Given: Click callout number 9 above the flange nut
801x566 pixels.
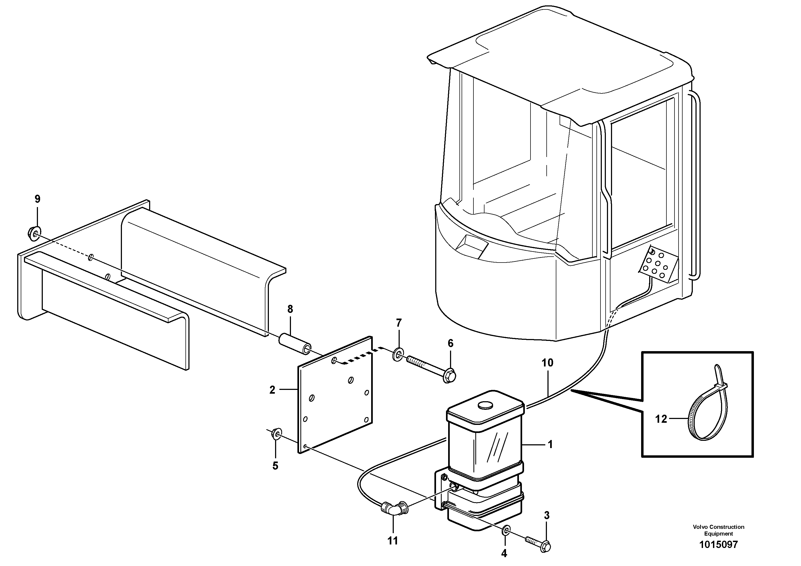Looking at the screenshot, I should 37,199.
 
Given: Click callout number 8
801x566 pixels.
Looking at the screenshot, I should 290,309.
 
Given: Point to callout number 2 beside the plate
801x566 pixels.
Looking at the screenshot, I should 272,390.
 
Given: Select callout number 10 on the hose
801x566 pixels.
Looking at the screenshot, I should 547,363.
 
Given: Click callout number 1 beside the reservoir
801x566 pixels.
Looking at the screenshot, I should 550,445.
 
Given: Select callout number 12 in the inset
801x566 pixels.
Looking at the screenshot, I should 661,419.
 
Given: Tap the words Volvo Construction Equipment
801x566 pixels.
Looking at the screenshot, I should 718,530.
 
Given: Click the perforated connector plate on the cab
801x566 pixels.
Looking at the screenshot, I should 658,264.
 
